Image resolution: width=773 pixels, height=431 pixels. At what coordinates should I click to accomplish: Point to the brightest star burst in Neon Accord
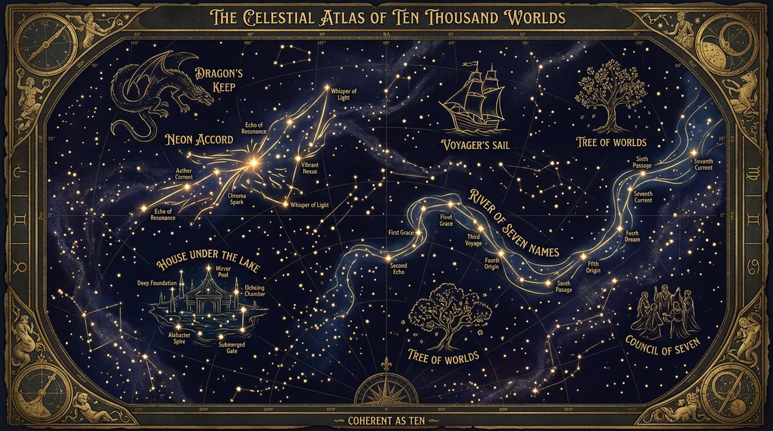tap(253, 164)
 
